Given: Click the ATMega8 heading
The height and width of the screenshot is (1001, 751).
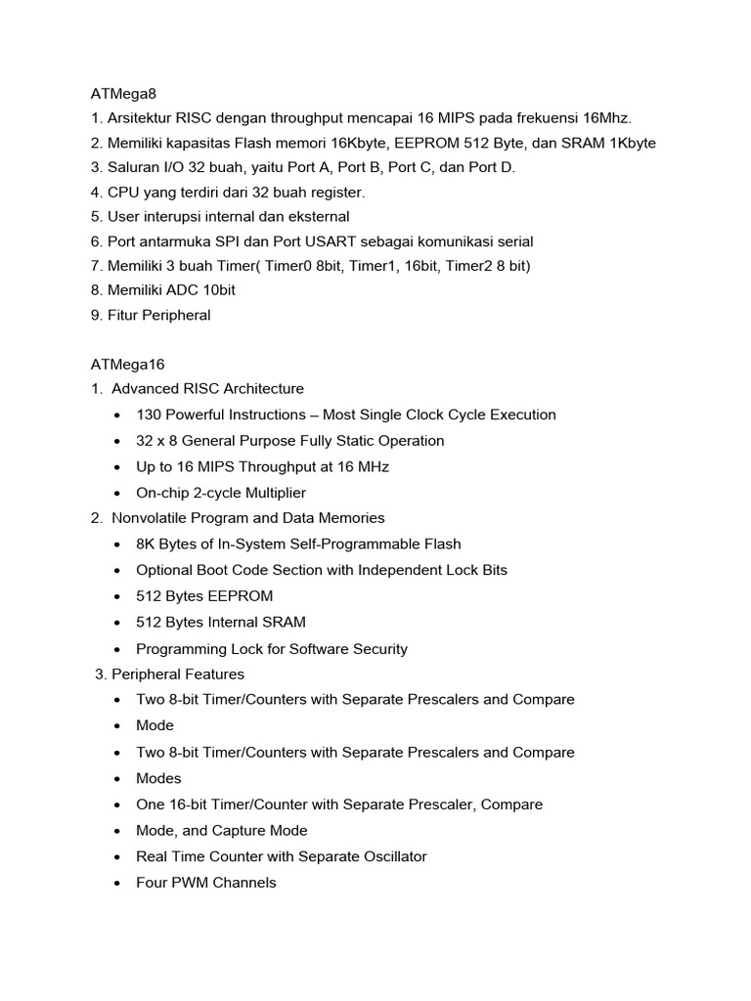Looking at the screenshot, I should point(123,94).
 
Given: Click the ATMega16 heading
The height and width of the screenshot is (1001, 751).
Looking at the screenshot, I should point(127,365).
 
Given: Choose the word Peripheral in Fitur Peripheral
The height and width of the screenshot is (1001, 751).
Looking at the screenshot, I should point(177,315).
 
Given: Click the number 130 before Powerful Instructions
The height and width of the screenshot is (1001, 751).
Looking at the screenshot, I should point(150,414).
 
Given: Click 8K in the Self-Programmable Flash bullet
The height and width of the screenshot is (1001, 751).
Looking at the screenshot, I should point(147,544).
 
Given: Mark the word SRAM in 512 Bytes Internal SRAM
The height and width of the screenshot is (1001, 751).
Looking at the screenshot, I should point(284,622).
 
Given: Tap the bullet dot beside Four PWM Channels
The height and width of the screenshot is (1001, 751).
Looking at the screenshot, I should point(117,884).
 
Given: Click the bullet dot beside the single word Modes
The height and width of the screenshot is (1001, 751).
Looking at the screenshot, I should point(117,779).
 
